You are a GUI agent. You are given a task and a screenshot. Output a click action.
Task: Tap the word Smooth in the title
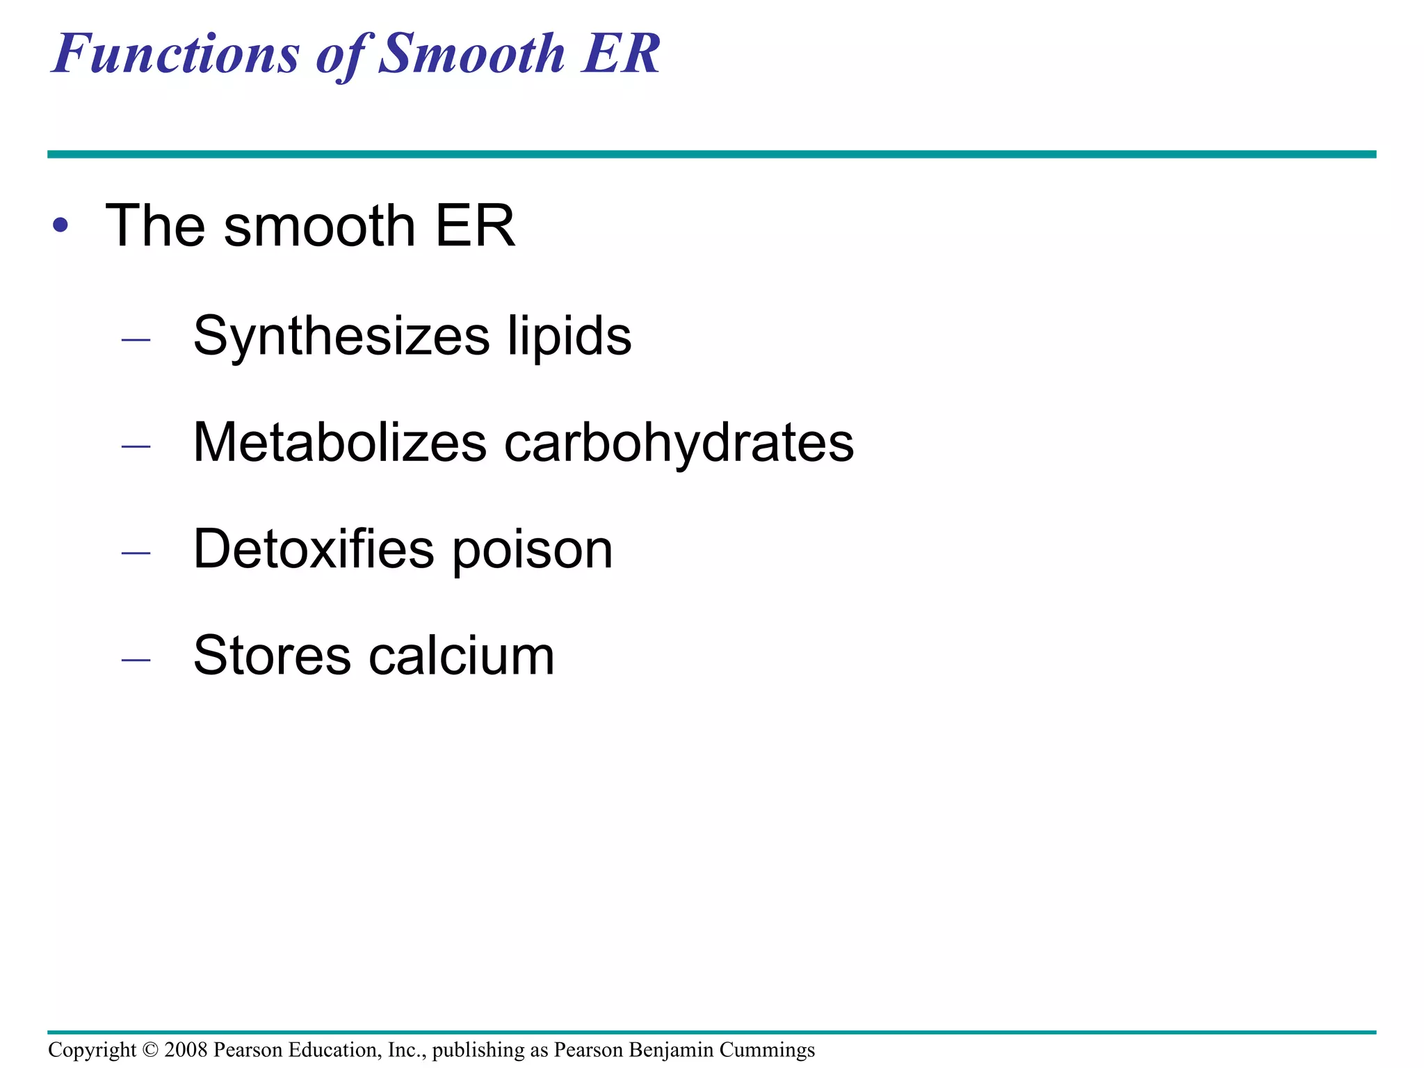[x=473, y=54]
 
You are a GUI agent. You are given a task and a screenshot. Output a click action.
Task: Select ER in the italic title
[x=621, y=54]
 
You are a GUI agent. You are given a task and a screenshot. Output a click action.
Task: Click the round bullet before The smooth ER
[x=60, y=225]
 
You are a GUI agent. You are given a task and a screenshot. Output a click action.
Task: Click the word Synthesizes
[x=341, y=337]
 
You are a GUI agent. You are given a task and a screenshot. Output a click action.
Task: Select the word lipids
[x=569, y=337]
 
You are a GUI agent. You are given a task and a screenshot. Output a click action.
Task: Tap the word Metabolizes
[x=340, y=443]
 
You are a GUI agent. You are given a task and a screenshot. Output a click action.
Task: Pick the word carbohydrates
[x=679, y=443]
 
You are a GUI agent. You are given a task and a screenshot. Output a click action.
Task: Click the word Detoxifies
[x=314, y=549]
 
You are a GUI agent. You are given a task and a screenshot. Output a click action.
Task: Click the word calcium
[x=462, y=656]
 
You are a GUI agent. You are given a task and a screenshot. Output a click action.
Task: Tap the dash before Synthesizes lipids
[x=136, y=340]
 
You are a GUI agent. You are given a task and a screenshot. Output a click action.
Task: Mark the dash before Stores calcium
[x=136, y=659]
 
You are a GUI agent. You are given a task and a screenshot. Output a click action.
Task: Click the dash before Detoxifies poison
[x=136, y=553]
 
